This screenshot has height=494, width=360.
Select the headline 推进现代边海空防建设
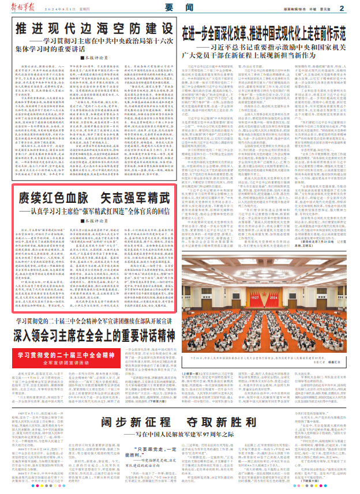87,28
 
